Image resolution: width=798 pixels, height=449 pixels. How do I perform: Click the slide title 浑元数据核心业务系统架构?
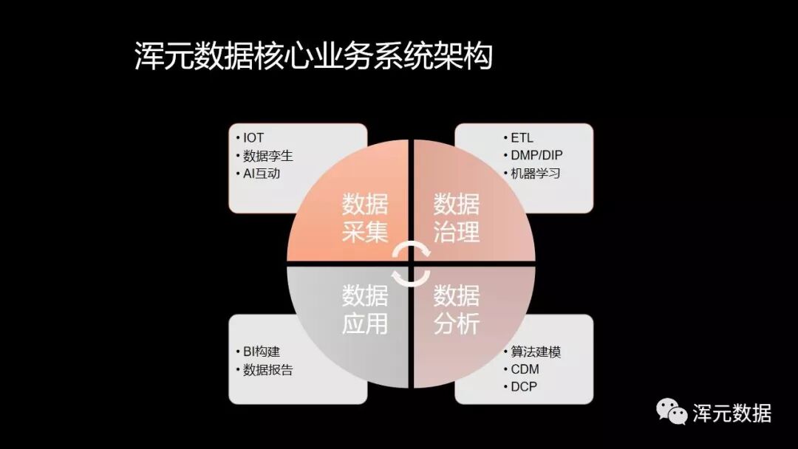[x=313, y=57]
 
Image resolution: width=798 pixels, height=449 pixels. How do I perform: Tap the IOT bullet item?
[x=253, y=138]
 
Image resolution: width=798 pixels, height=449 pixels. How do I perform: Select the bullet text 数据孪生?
[x=268, y=156]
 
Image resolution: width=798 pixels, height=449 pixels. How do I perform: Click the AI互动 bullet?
[x=262, y=174]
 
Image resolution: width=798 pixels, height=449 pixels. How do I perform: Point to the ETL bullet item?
[x=522, y=138]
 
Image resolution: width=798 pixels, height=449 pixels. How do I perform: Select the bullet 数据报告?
[x=268, y=370]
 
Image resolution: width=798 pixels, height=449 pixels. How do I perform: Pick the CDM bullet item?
[x=525, y=369]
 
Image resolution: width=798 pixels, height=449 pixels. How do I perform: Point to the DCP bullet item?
[x=524, y=387]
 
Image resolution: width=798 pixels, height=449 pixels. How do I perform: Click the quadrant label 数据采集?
[x=365, y=218]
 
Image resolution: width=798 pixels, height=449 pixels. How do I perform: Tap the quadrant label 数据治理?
[x=457, y=218]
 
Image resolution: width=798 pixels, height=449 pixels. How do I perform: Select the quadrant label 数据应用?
[x=365, y=309]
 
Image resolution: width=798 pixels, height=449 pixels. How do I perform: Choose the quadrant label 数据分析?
[x=457, y=309]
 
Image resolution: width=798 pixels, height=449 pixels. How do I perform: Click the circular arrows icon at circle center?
[x=411, y=264]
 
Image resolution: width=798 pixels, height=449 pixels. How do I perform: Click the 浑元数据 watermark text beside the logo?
[x=731, y=413]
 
